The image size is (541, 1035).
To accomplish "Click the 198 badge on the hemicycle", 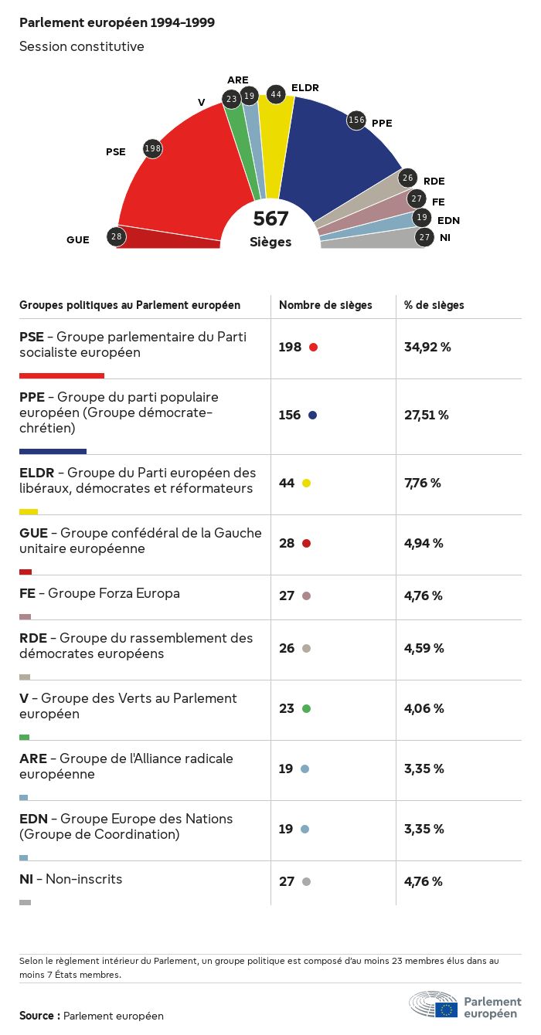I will point(153,148).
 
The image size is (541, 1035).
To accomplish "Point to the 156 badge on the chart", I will point(356,120).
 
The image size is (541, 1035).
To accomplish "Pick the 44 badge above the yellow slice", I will point(275,94).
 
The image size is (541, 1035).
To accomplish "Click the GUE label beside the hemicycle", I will point(78,239).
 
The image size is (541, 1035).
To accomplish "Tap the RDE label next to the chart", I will point(434,181).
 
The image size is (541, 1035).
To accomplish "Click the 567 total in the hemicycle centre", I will point(270,219).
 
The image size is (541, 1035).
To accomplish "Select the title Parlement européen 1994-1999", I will point(117,23).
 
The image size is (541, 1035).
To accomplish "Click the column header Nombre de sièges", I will point(325,305).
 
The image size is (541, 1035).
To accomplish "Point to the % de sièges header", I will point(434,305).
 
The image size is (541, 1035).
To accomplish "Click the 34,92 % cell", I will point(427,347).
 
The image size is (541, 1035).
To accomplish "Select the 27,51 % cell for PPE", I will point(427,415).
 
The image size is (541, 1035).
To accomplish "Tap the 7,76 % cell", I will point(423,483).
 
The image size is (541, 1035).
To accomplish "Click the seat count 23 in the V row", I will point(287,708).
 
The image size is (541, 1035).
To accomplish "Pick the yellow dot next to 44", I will point(306,483).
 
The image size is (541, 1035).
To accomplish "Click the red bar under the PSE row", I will point(62,376).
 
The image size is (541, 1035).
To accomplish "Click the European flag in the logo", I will point(446,1010).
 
